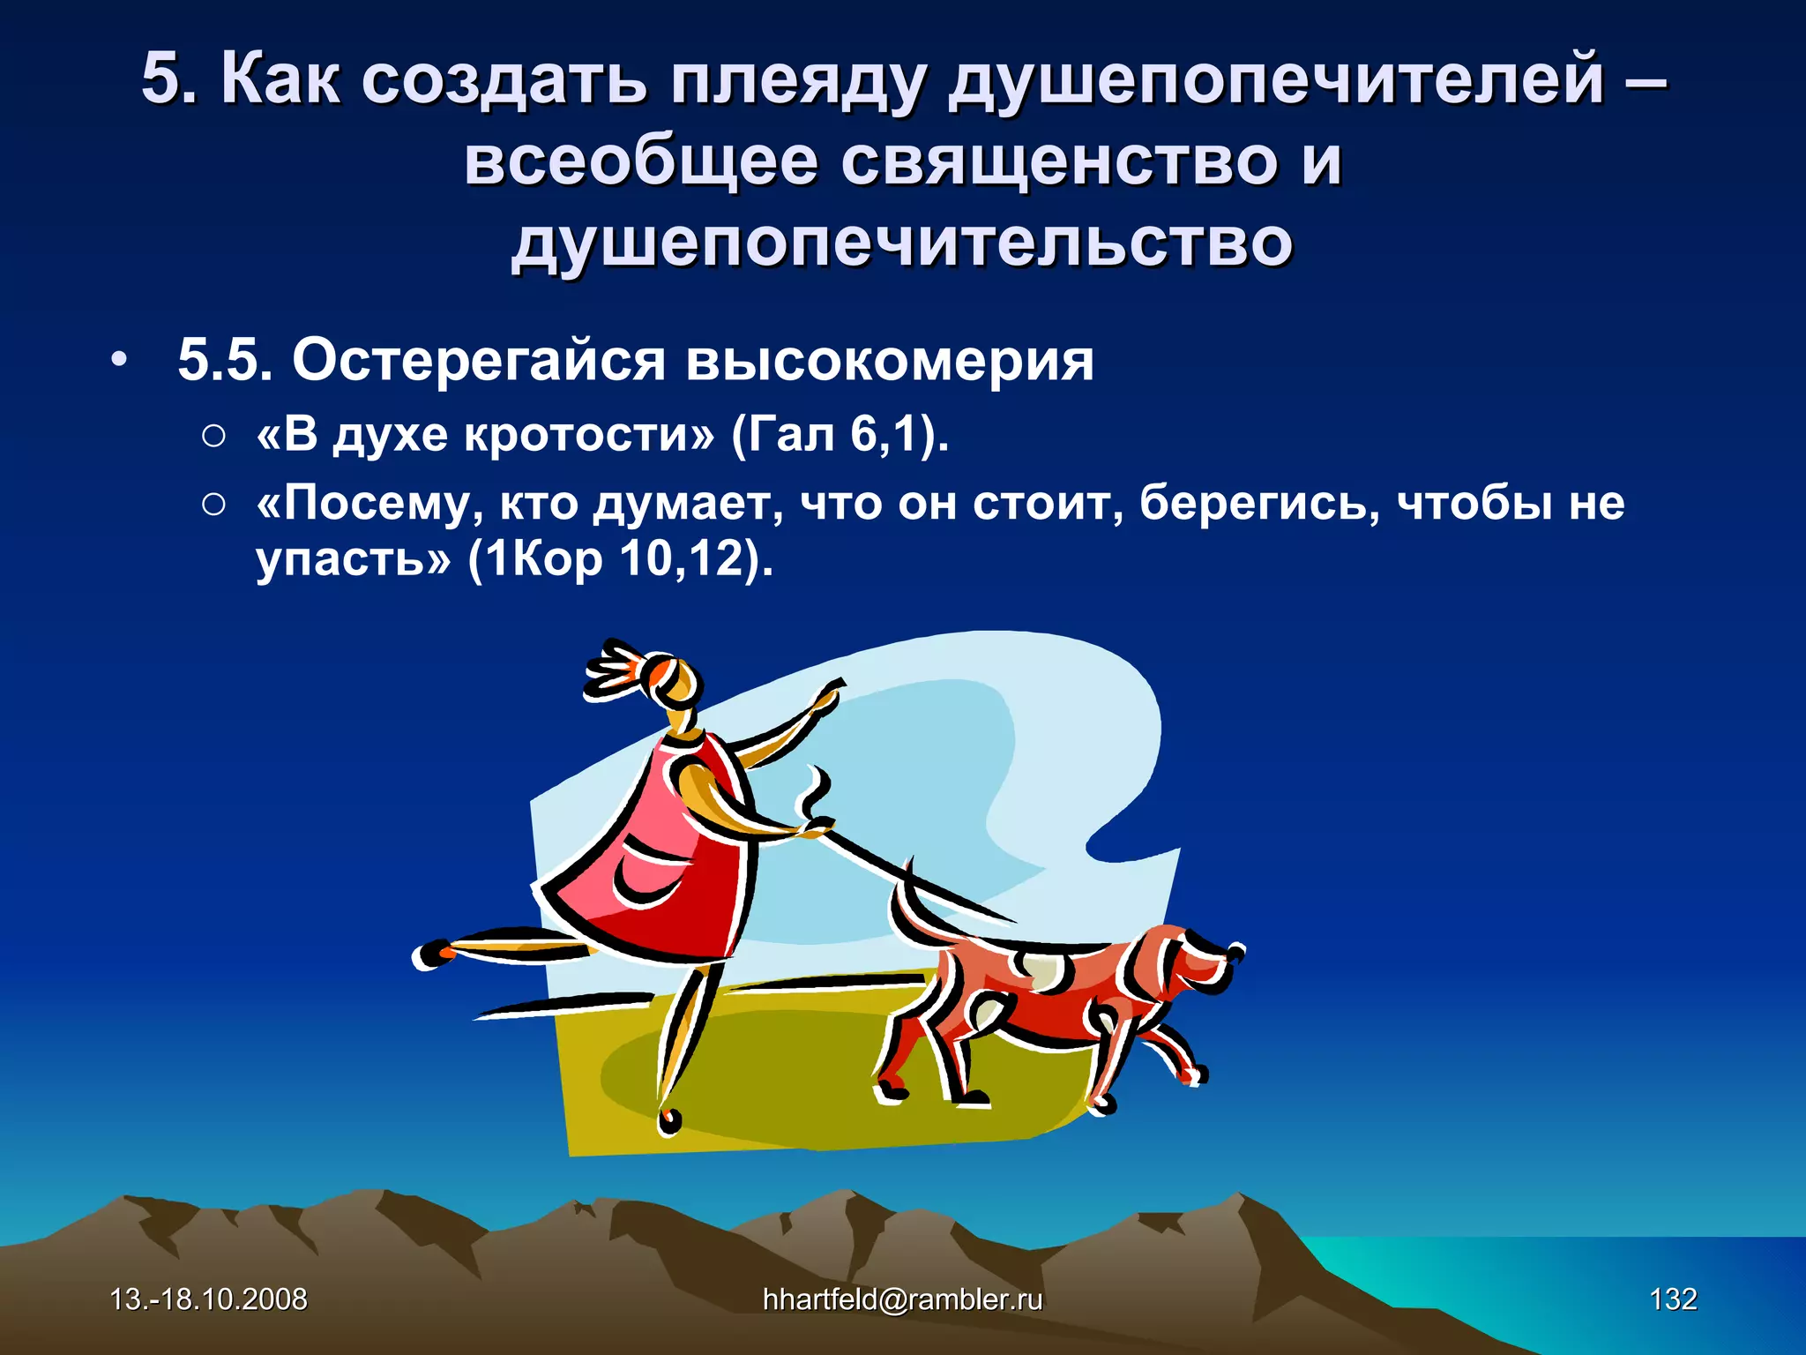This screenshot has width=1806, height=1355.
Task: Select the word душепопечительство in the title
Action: (x=902, y=243)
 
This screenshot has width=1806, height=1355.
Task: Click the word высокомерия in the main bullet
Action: (x=890, y=362)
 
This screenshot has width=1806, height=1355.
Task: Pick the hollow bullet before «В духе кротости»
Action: (x=213, y=436)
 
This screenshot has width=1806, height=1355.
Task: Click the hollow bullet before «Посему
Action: (x=213, y=505)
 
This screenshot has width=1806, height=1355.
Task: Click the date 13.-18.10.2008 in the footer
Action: (x=208, y=1299)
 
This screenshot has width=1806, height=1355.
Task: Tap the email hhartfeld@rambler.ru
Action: (x=902, y=1299)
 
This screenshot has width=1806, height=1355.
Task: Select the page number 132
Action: (x=1673, y=1299)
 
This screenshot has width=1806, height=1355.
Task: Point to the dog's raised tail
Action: (x=908, y=909)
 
